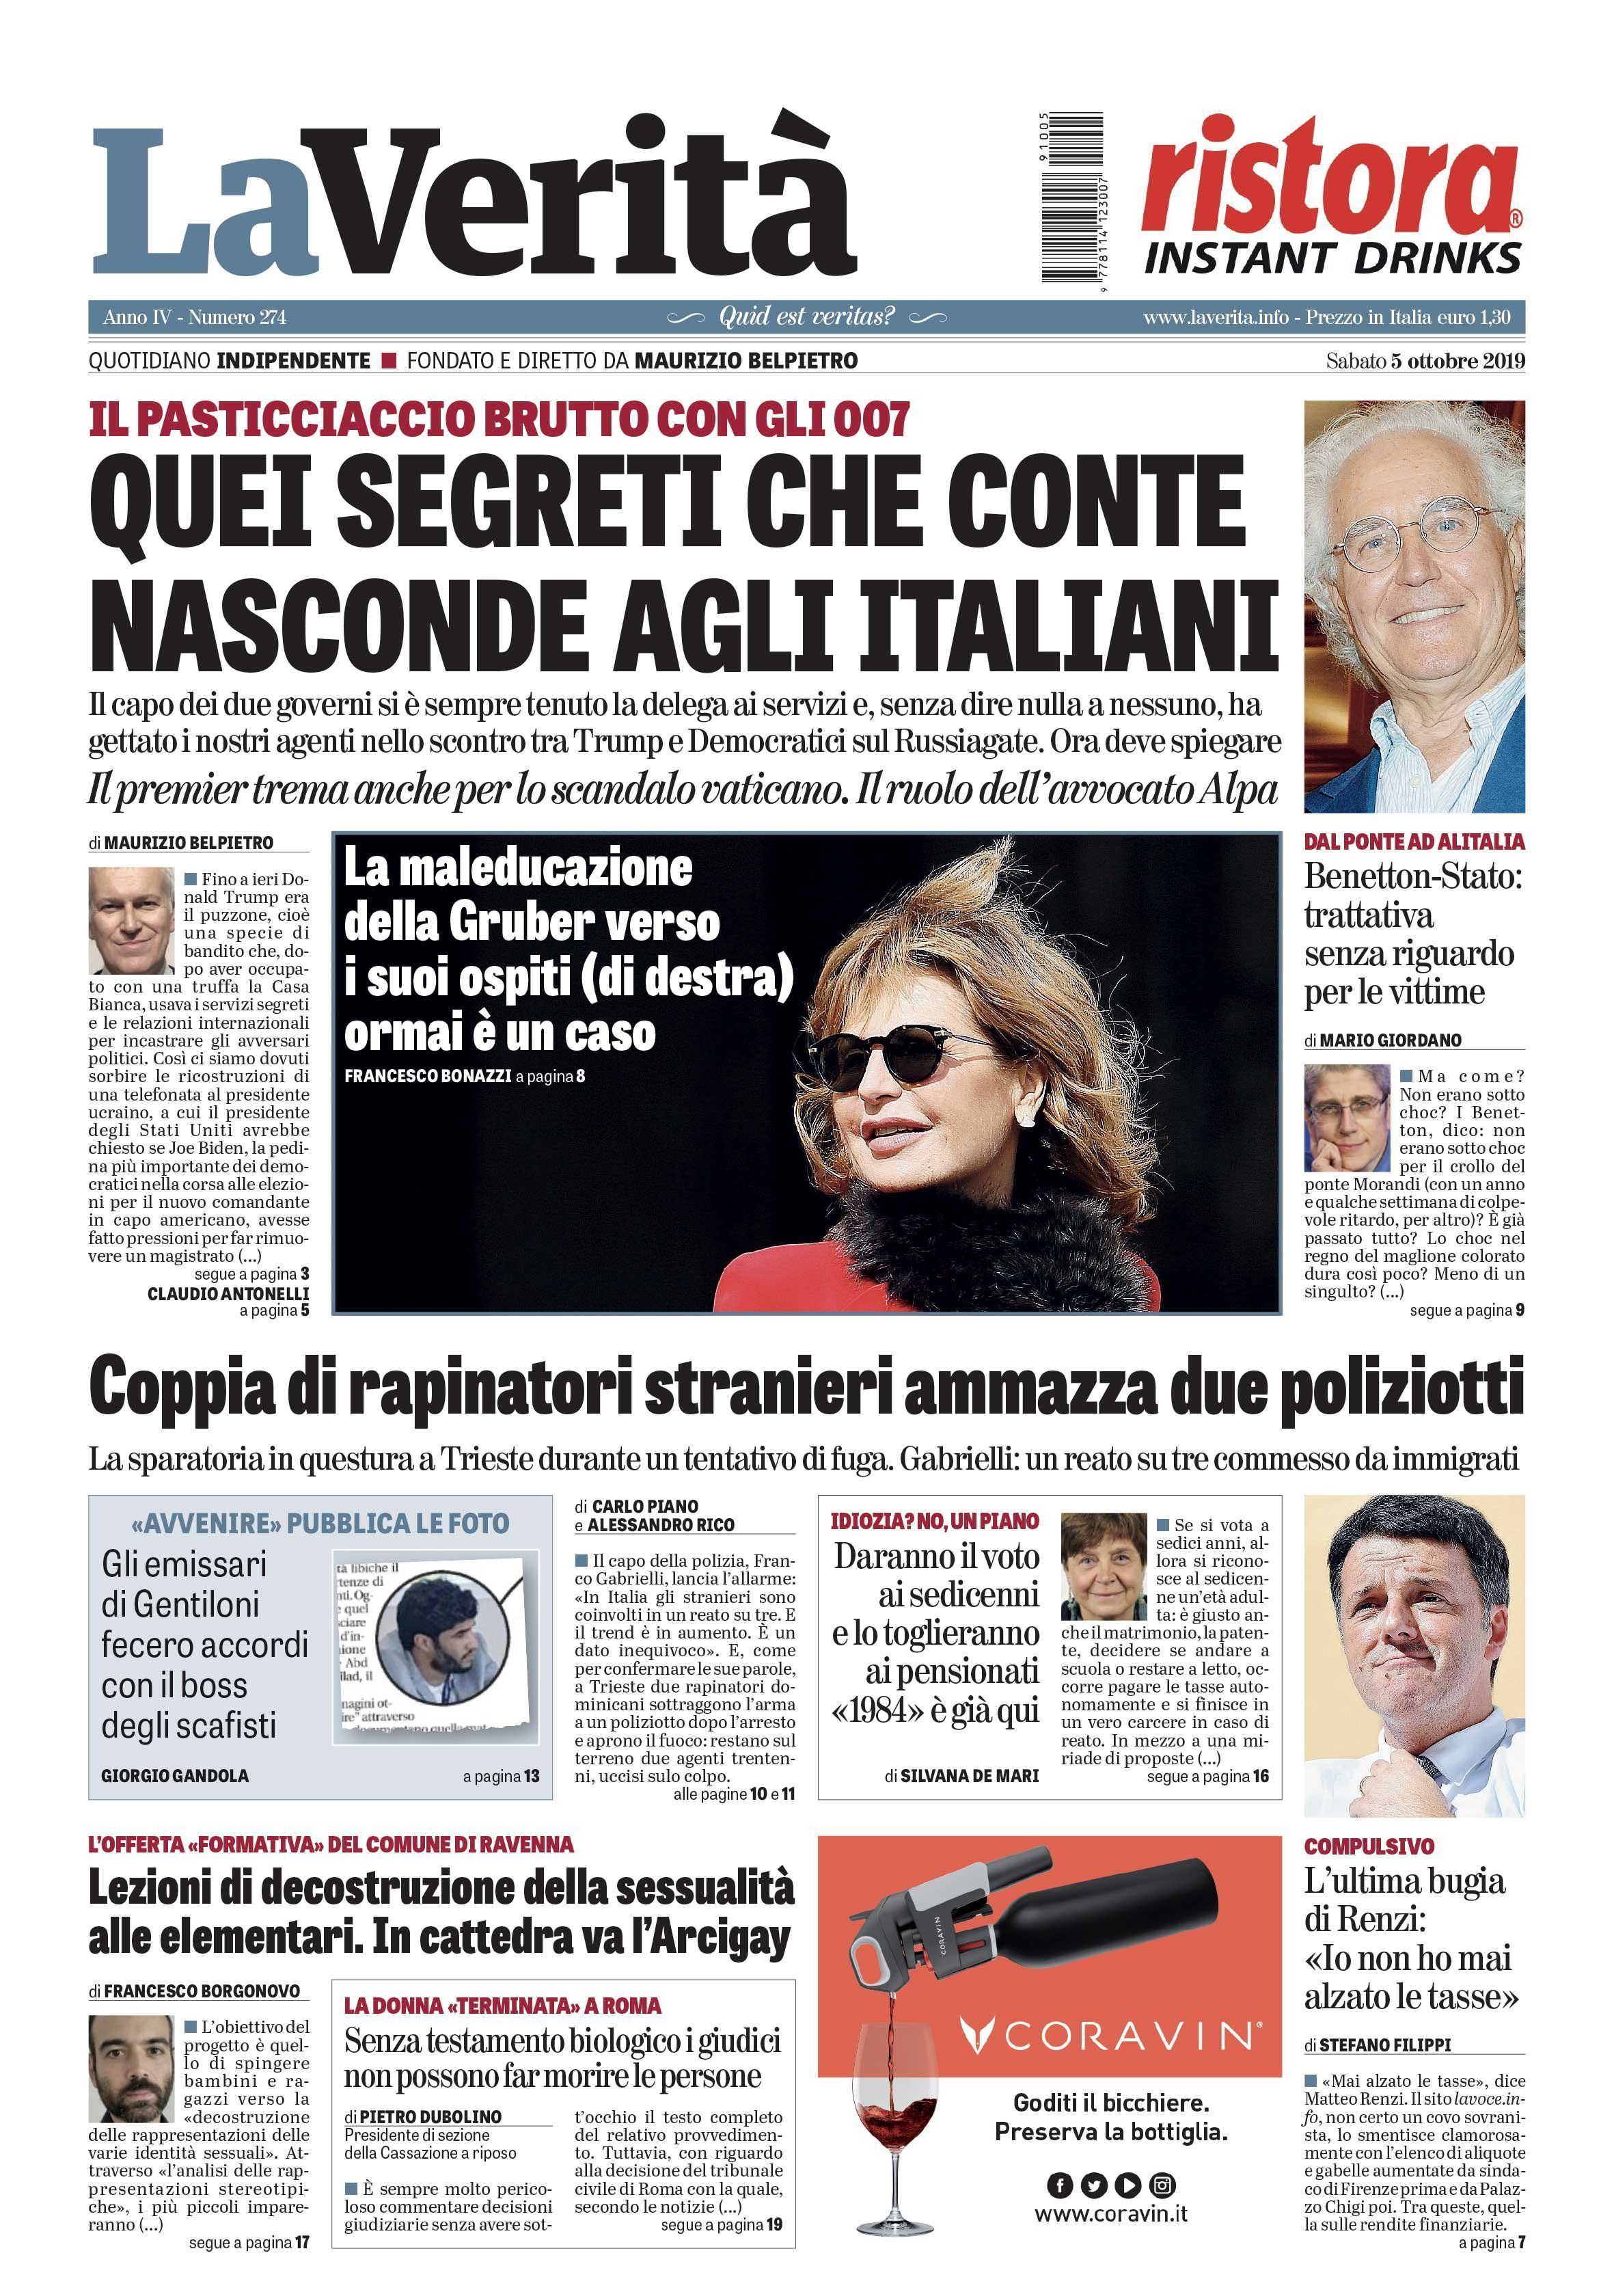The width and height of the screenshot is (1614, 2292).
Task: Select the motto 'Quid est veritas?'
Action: (806, 316)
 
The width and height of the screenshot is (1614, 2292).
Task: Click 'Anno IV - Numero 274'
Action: (195, 317)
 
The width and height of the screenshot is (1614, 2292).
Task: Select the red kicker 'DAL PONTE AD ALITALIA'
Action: (1413, 841)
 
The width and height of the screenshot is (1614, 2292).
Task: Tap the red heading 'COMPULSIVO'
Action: (1369, 1846)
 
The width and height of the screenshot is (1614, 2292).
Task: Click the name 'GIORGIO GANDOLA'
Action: (176, 1776)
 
